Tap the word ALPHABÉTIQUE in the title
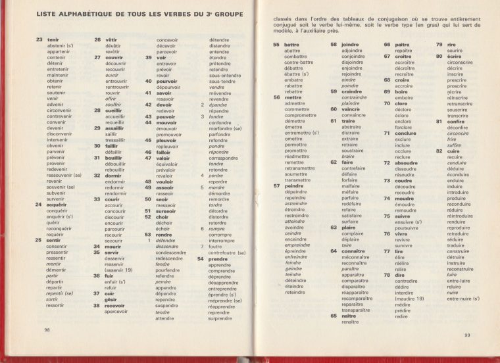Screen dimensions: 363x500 coord(72,14)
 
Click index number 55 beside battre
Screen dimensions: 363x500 coord(276,45)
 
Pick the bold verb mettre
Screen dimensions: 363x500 coord(293,97)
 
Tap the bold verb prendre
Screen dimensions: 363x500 coord(218,258)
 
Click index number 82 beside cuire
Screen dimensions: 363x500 coord(439,151)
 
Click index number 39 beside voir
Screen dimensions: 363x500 coord(148,57)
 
